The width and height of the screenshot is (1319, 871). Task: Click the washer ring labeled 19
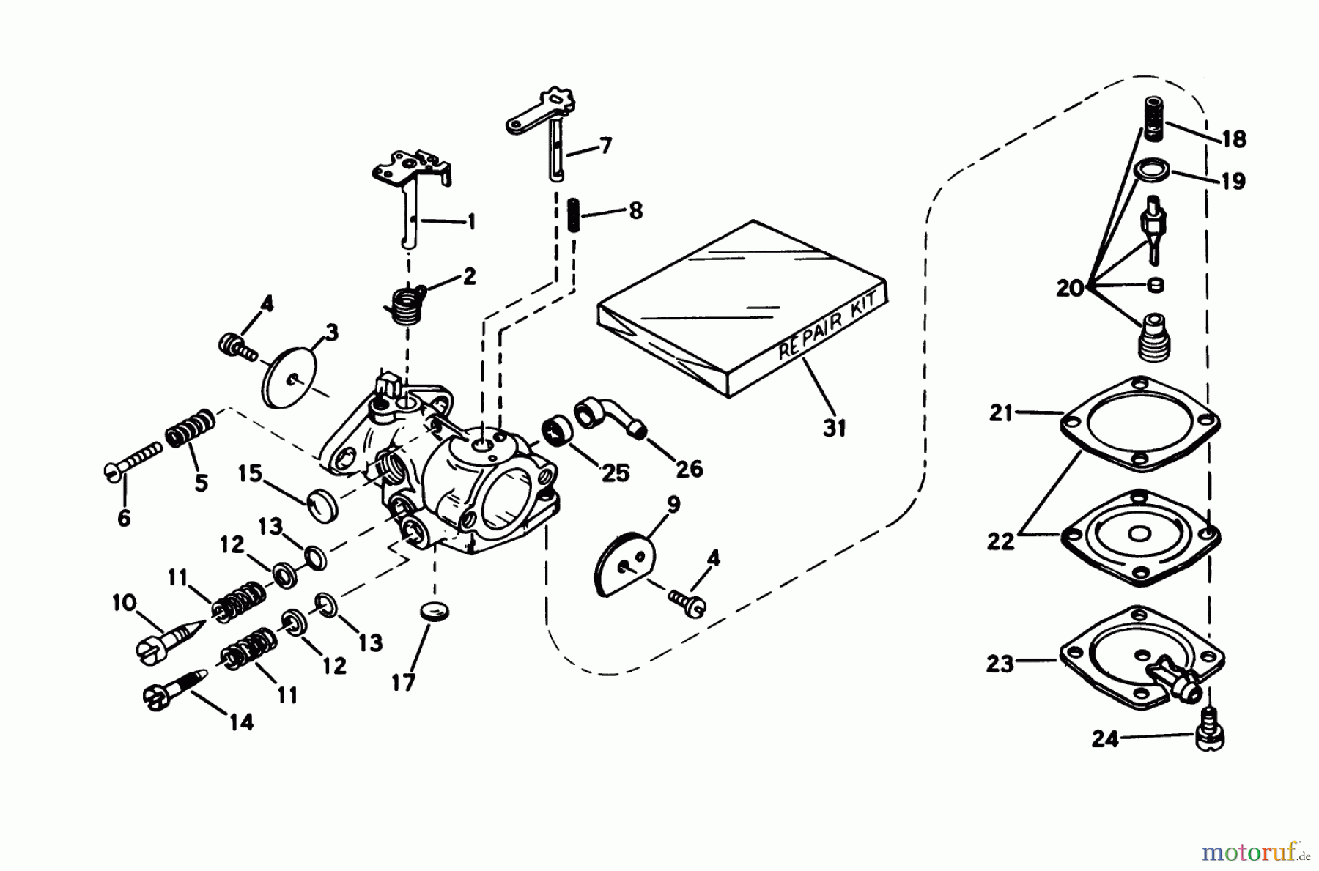(1152, 171)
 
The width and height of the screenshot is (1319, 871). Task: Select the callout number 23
(1000, 664)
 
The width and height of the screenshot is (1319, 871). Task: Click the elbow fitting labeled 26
(610, 417)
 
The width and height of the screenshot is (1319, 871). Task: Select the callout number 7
(605, 145)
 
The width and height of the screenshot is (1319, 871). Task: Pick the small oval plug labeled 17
(435, 611)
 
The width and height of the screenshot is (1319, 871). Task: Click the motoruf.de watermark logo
(1260, 852)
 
